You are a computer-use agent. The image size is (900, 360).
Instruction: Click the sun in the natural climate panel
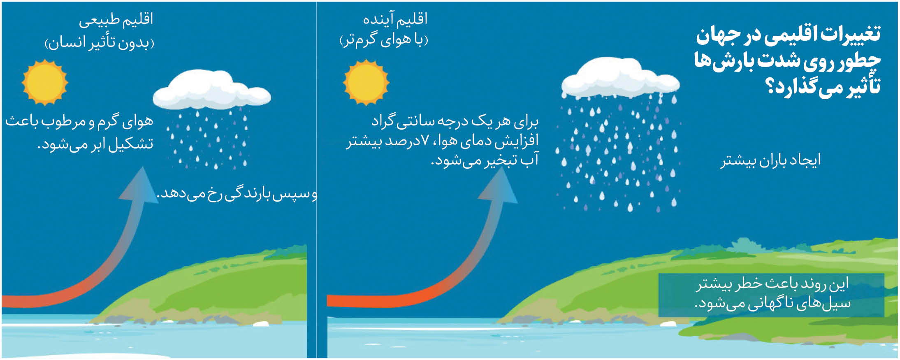(45, 83)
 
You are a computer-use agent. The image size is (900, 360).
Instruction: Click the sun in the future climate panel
(366, 82)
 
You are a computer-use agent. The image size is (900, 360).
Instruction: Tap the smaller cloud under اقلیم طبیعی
(212, 93)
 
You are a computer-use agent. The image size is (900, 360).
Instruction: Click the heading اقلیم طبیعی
(116, 20)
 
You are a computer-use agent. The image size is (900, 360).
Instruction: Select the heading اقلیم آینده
(395, 19)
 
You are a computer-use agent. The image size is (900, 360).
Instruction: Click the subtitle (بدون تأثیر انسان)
(100, 43)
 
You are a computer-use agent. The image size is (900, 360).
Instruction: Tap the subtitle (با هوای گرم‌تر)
(384, 40)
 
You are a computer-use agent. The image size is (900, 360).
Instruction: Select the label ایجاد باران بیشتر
(770, 160)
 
